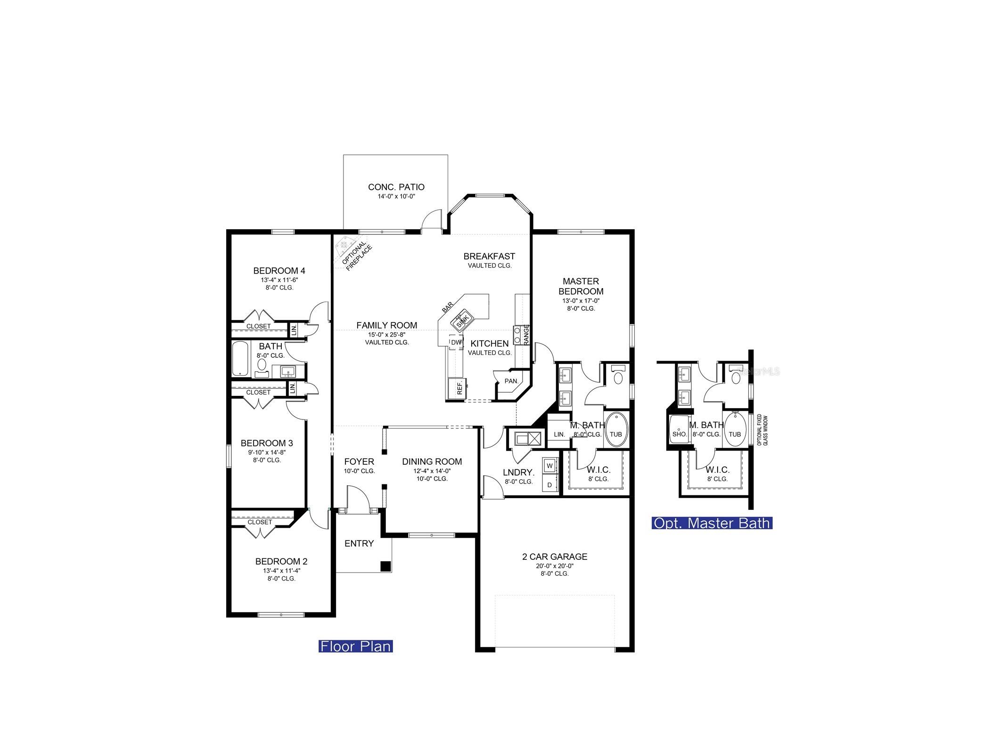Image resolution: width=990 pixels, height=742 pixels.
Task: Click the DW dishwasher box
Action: [x=456, y=342]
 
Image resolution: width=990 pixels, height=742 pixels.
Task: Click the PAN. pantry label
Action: [x=511, y=381]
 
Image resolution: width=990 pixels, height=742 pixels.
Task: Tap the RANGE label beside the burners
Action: [x=526, y=334]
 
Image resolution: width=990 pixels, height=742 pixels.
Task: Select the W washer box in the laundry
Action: [x=549, y=466]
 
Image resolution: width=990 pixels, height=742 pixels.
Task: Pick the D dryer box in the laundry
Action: [x=549, y=484]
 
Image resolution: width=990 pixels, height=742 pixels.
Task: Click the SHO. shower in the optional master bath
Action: [x=679, y=433]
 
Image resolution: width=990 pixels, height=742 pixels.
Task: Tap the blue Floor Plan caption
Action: [x=355, y=646]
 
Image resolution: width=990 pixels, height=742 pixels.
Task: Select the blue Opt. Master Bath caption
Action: [x=711, y=523]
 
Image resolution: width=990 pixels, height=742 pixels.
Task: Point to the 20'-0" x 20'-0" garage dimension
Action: [x=554, y=566]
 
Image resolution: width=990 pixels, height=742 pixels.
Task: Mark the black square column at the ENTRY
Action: [x=385, y=566]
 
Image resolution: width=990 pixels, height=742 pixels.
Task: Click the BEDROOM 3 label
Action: [x=267, y=443]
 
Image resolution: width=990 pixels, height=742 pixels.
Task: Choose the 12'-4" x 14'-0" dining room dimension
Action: [x=432, y=470]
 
